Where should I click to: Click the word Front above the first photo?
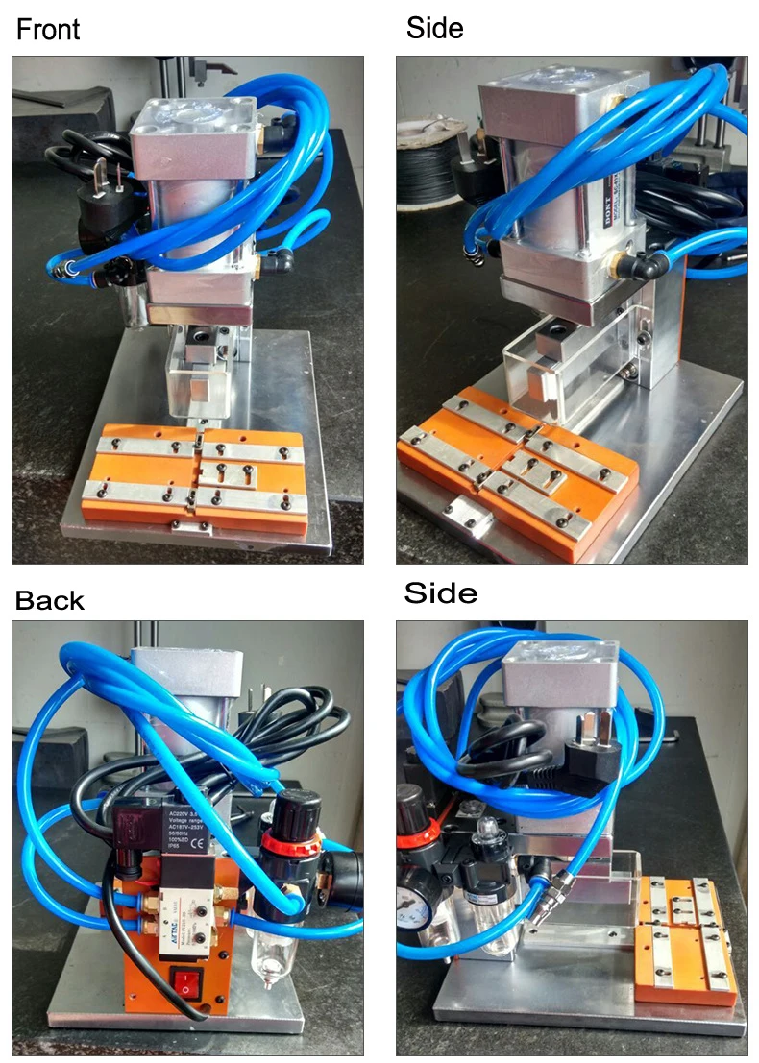[x=48, y=29]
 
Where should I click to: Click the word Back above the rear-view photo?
[x=50, y=601]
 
